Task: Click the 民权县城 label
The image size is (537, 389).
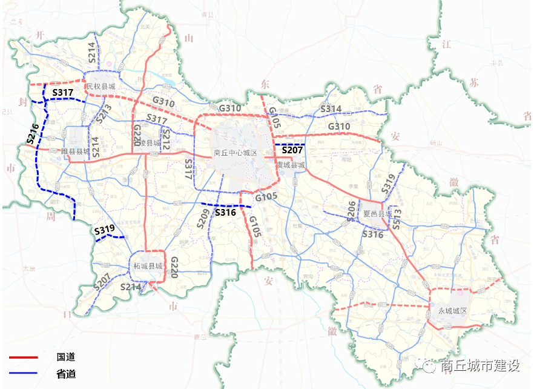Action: tap(100, 87)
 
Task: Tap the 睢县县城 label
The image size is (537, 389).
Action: tap(76, 151)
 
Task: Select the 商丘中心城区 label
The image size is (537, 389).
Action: tap(236, 153)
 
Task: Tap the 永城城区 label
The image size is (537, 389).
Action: tap(453, 310)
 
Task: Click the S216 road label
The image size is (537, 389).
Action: tap(33, 134)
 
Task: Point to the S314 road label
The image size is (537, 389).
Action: tap(331, 109)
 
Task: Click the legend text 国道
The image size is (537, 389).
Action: tap(66, 357)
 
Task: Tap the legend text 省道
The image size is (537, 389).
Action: tap(66, 374)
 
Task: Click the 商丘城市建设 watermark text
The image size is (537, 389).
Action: tap(481, 366)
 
